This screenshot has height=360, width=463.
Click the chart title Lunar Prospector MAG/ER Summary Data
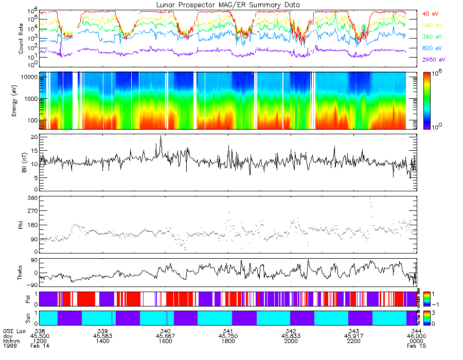pos(228,5)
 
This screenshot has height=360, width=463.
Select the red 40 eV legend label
pos(430,14)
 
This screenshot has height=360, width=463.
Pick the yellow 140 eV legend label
pos(431,25)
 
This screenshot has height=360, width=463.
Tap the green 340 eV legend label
pos(431,37)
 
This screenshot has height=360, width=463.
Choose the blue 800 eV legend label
pos(431,48)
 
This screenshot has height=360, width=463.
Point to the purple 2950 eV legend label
pos(433,60)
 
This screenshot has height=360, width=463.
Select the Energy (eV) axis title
pos(21,100)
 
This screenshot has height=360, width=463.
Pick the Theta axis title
pos(21,273)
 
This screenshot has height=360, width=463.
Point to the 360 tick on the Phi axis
pos(32,198)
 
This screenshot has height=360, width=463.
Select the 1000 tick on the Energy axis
pos(29,98)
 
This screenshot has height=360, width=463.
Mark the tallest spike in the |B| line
pos(161,137)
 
